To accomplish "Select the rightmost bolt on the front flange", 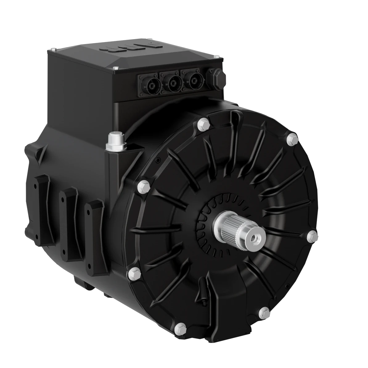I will point(312,236).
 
